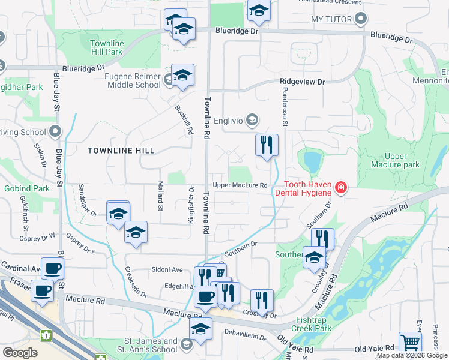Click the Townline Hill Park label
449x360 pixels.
(x=106, y=48)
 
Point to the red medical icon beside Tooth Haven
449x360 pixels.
(x=341, y=188)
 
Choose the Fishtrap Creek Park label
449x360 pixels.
(x=311, y=325)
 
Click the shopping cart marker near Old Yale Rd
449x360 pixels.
(x=410, y=343)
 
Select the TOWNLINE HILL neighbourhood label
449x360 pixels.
(x=121, y=151)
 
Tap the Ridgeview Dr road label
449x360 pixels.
(x=301, y=82)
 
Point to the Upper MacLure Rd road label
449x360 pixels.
(x=240, y=185)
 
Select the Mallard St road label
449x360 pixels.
(x=160, y=196)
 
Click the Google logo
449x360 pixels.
(x=20, y=353)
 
